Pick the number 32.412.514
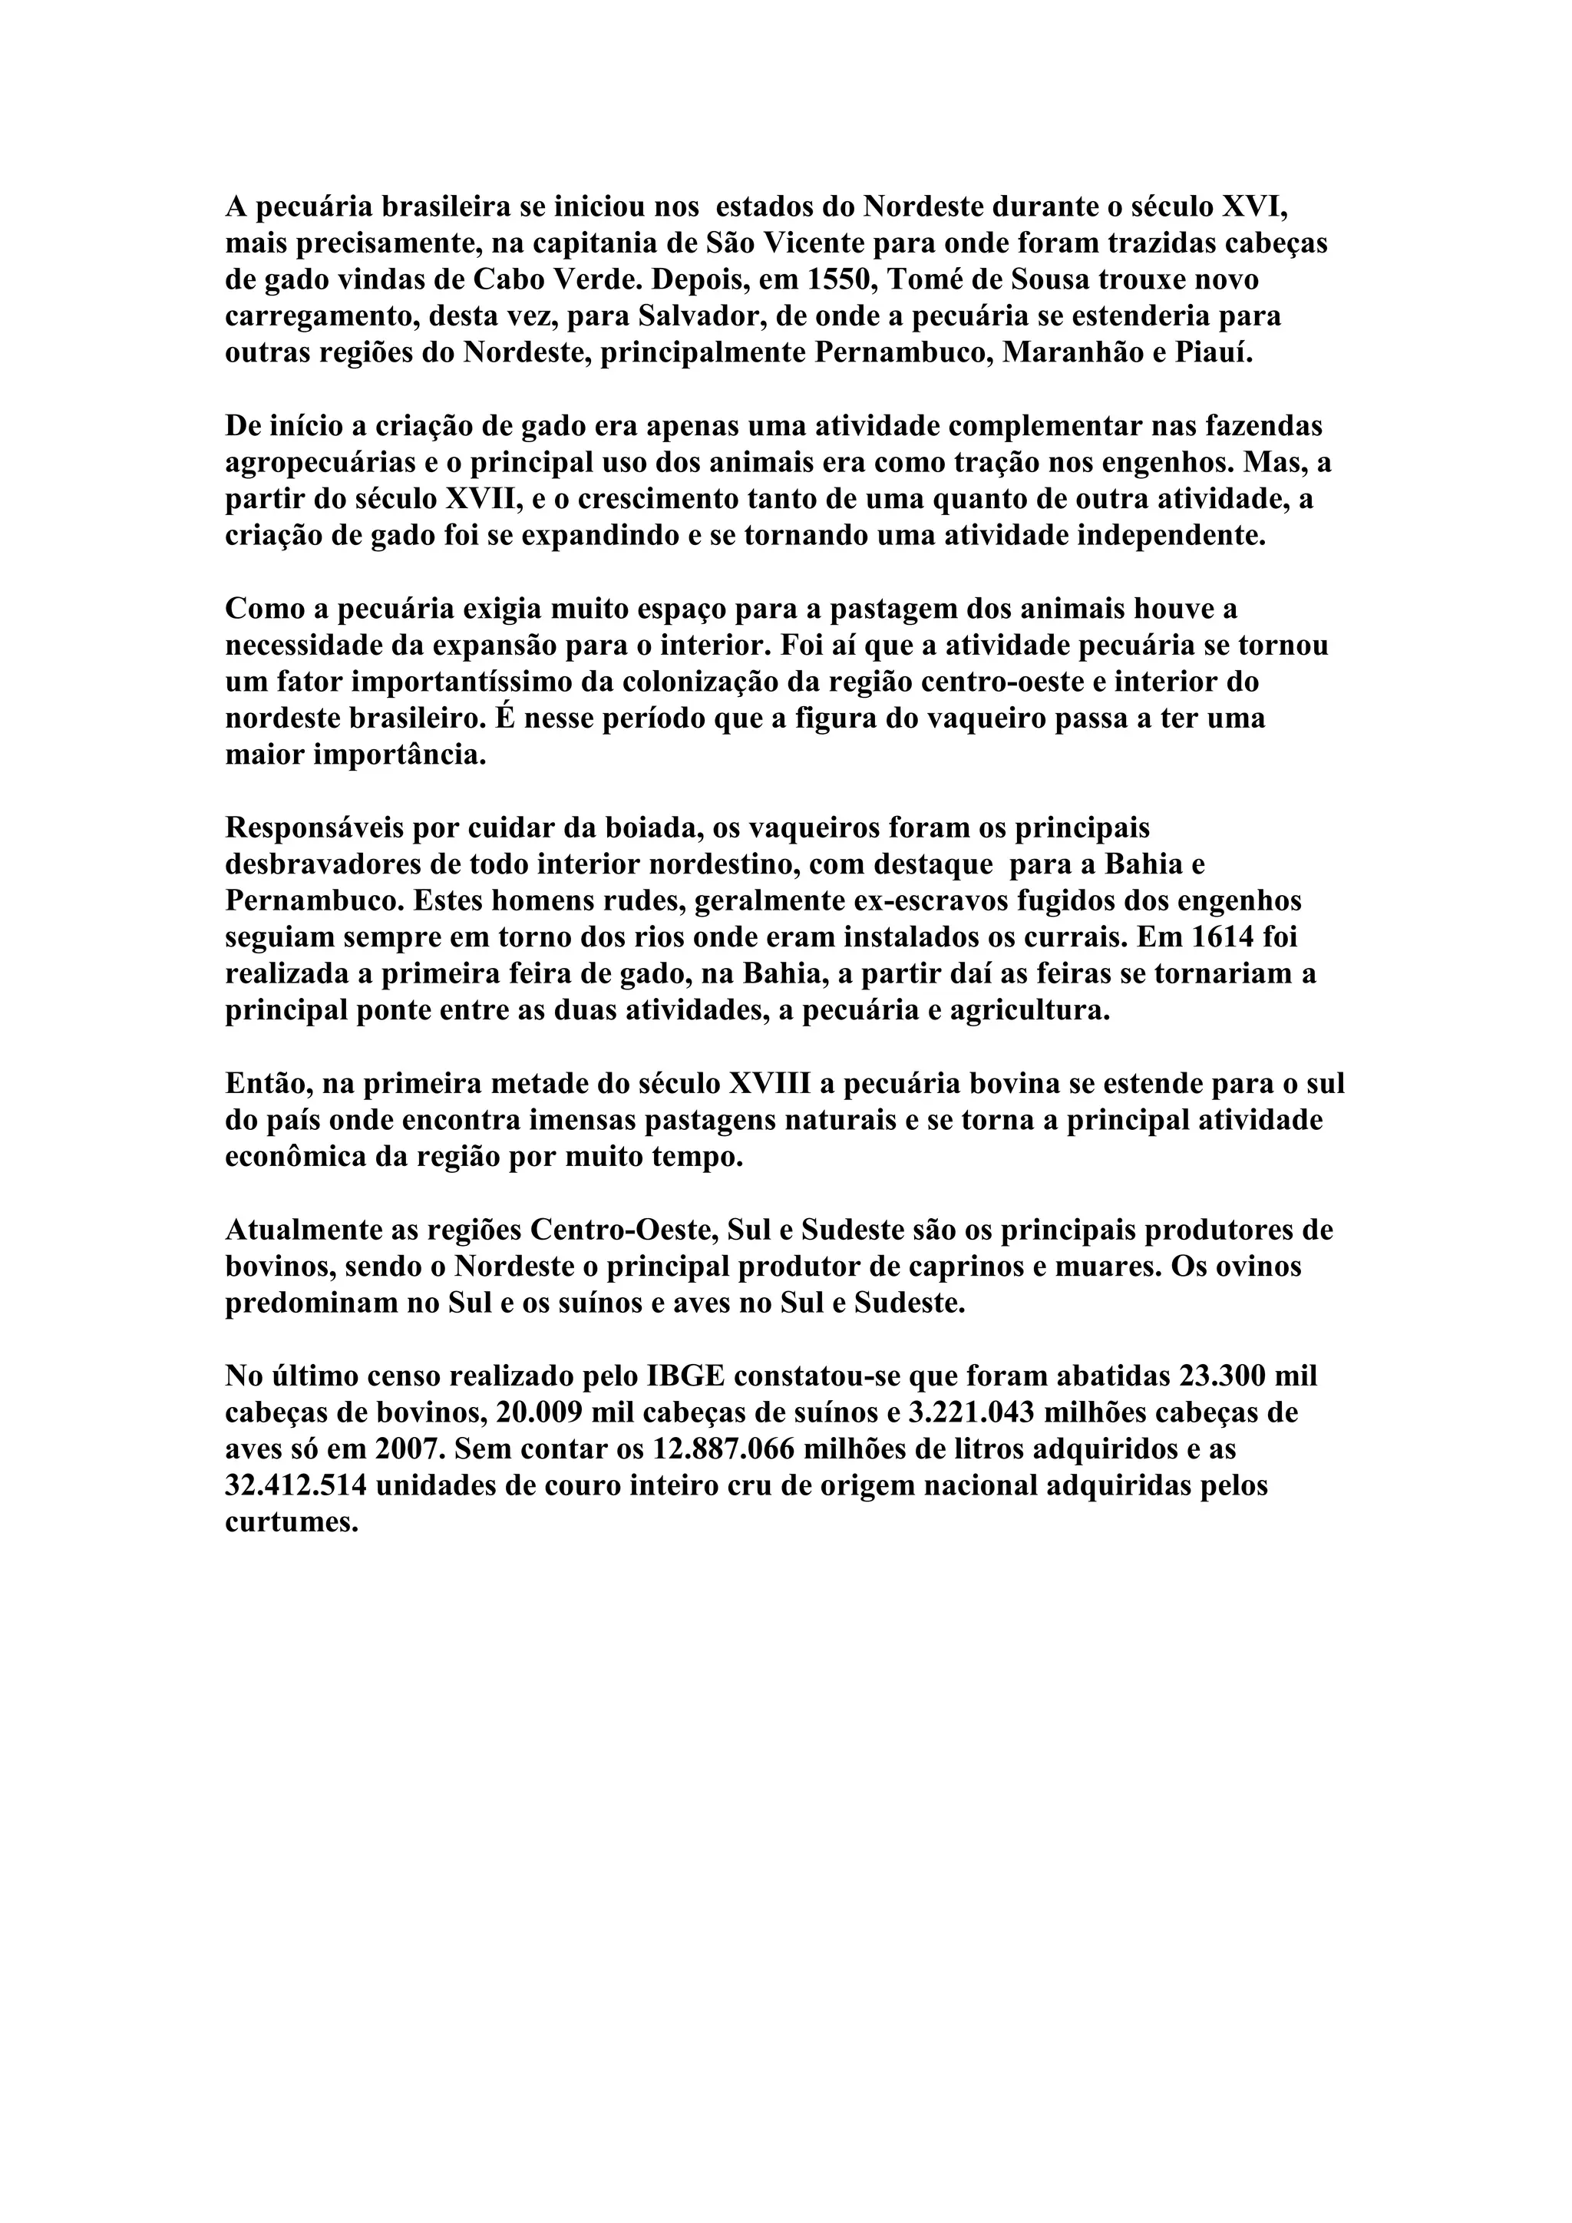pyautogui.click(x=296, y=1486)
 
